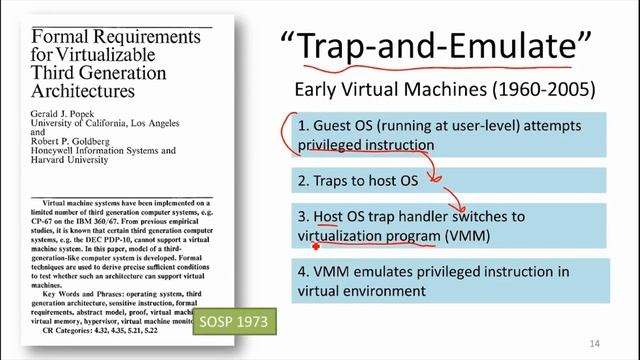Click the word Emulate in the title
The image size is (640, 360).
505,48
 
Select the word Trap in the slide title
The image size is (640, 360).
350,48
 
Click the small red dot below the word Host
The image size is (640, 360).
317,245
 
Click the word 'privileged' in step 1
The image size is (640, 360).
334,145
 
